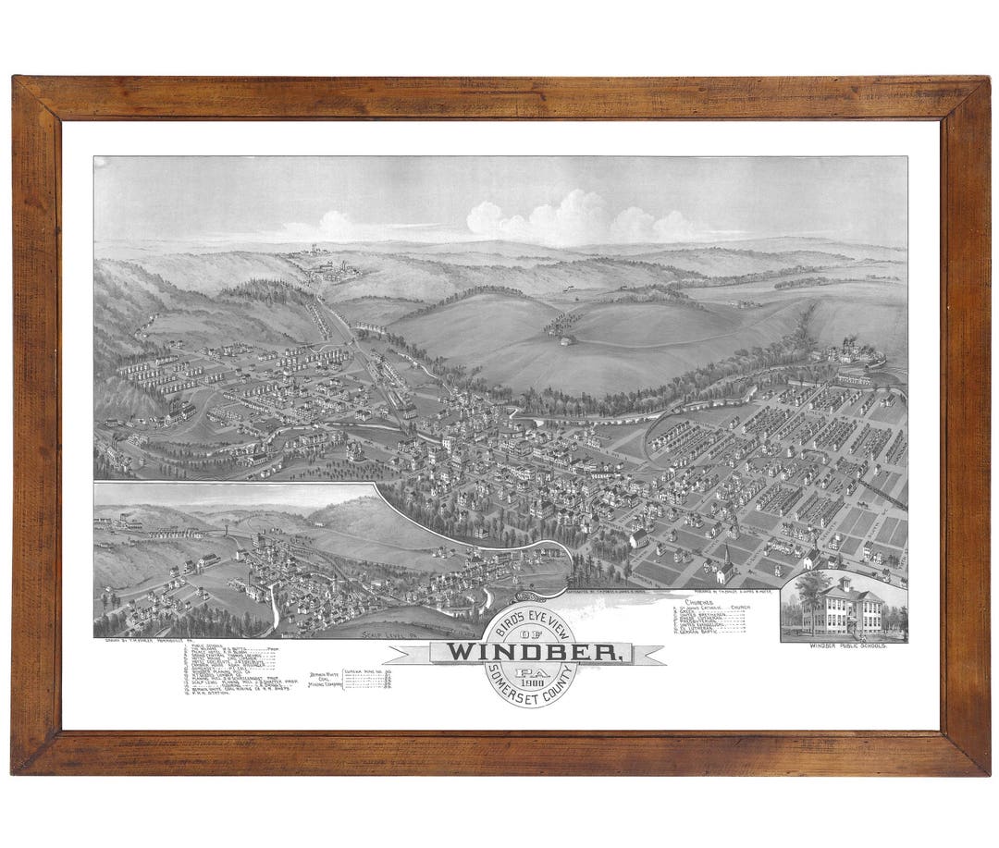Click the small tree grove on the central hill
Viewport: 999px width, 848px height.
tap(563, 324)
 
